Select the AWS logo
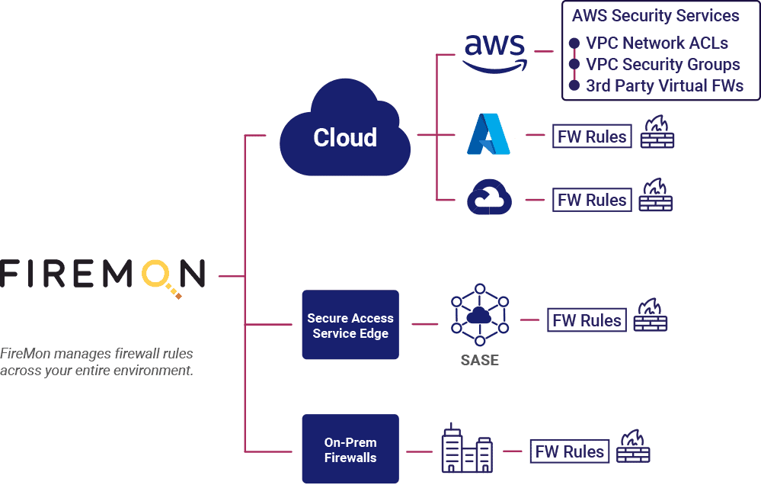(495, 52)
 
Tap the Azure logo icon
(489, 135)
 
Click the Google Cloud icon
(489, 198)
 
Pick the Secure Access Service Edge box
(350, 326)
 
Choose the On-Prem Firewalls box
(350, 449)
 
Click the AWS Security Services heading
(655, 16)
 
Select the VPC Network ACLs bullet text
(657, 43)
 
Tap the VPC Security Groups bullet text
(663, 65)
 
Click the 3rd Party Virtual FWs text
(664, 86)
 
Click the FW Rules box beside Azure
(592, 136)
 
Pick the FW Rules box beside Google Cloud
(592, 200)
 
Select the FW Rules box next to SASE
(587, 320)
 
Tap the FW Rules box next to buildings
(570, 451)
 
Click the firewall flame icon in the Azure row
(656, 133)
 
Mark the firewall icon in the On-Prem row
(633, 447)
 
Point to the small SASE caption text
(479, 360)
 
